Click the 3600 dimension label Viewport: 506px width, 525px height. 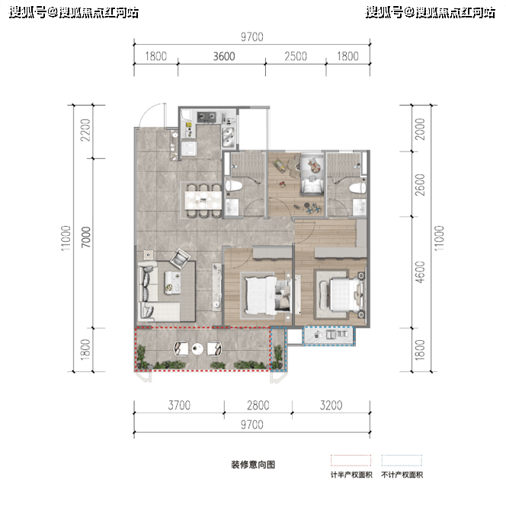(x=224, y=56)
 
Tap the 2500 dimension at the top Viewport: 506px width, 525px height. (x=296, y=56)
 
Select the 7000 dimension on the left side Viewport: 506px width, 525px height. (x=86, y=237)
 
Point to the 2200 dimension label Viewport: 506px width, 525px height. (x=86, y=130)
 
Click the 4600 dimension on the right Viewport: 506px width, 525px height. (x=420, y=272)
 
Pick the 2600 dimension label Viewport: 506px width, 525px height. (x=420, y=184)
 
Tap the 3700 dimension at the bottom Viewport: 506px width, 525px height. (x=179, y=406)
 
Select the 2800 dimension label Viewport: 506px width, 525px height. (x=258, y=406)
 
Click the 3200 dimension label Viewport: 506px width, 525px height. (x=331, y=406)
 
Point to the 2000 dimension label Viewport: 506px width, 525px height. (x=420, y=129)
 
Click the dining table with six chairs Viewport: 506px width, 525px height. (x=203, y=200)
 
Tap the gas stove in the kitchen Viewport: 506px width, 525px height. (x=207, y=117)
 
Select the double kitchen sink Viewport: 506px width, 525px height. (x=229, y=137)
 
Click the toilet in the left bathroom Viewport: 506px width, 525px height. (x=233, y=186)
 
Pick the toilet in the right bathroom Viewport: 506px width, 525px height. (x=357, y=188)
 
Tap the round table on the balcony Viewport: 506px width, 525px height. (x=197, y=349)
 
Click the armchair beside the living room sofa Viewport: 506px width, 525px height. (x=180, y=259)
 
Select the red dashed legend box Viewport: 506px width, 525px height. (x=351, y=460)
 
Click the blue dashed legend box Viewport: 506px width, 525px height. (x=402, y=460)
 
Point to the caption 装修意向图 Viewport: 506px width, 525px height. (x=253, y=465)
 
